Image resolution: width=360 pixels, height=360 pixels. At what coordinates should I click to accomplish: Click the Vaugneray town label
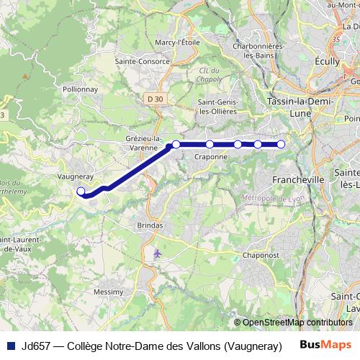73,175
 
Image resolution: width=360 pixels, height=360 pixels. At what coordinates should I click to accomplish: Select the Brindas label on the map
150,225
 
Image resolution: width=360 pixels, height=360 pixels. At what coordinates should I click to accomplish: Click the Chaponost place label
260,254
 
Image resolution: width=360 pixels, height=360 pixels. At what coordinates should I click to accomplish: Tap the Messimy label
109,292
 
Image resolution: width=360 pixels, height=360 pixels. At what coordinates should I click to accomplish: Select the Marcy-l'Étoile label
177,42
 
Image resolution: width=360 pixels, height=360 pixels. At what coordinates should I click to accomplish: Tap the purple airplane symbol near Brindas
158,253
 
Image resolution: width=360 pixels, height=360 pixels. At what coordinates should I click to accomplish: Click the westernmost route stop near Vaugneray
81,192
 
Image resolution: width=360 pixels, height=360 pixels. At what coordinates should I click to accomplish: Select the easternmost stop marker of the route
282,145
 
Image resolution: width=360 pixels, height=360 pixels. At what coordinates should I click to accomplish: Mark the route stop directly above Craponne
210,145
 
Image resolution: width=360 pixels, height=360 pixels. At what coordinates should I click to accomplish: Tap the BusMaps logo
325,344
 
